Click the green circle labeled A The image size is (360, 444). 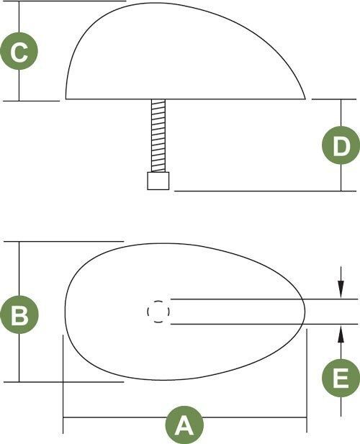(184, 425)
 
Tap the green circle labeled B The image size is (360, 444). (19, 314)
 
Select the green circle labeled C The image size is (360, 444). (19, 51)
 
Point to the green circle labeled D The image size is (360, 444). (341, 145)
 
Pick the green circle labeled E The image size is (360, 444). (341, 378)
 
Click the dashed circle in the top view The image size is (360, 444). (158, 312)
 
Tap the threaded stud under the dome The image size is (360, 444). (158, 135)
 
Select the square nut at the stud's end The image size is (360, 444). (158, 181)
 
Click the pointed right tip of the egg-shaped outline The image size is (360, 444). (305, 312)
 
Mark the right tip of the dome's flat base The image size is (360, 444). (305, 99)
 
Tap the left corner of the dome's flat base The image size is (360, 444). (66, 99)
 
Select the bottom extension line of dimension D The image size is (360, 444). (265, 191)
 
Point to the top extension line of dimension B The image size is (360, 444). (64, 242)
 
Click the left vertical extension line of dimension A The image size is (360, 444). (63, 384)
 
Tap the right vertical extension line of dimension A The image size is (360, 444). (307, 381)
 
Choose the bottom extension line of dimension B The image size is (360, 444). (64, 382)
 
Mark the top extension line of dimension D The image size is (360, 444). (334, 99)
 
